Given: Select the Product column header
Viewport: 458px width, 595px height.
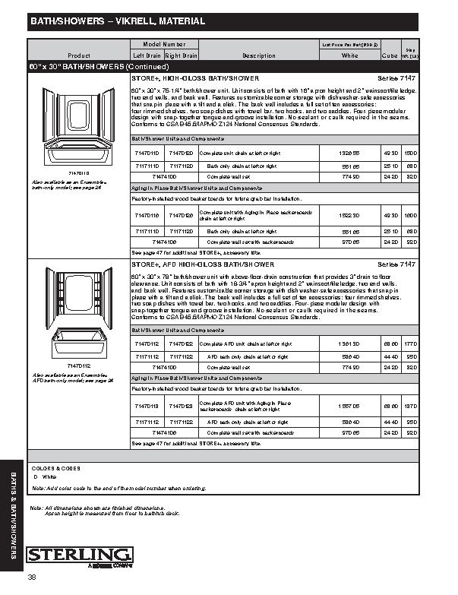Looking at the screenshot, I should coord(79,55).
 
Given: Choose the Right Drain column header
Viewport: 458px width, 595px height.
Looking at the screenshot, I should coord(182,55).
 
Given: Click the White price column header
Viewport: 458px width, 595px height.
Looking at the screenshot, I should coord(350,55).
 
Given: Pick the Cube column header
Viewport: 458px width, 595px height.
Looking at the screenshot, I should coord(390,55).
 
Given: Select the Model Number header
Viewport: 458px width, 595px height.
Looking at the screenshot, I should coord(164,46).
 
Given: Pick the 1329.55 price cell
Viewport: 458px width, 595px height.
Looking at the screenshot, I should coord(349,153).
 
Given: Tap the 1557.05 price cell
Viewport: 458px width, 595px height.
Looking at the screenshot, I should coord(349,407).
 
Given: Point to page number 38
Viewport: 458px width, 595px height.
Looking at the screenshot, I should coord(32,579).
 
